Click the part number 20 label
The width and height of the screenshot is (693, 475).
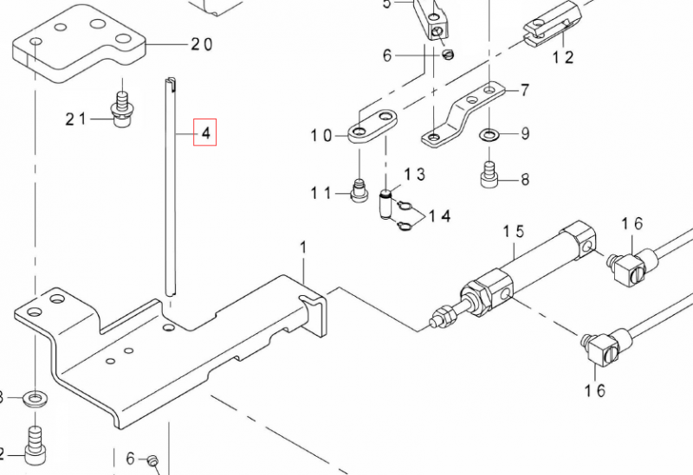[201, 44]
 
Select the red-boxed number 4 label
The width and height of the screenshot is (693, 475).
[205, 133]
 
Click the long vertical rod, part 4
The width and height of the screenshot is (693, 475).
[170, 190]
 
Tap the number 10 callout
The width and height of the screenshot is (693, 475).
[322, 135]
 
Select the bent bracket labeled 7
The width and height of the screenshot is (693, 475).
[460, 113]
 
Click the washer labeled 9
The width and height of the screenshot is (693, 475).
[489, 134]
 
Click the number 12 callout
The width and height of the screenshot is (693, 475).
[563, 58]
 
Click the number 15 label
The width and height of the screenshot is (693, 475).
[515, 232]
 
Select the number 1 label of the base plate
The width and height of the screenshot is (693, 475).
[304, 248]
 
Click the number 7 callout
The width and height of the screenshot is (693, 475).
[523, 89]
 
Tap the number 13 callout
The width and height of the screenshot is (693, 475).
[415, 175]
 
